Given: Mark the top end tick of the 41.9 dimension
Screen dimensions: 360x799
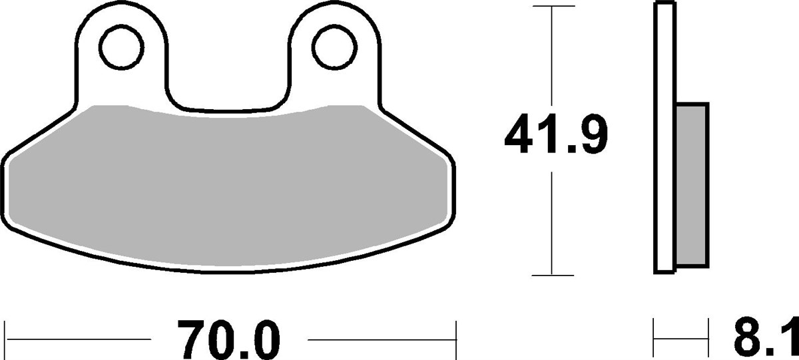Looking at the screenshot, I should coord(552,7).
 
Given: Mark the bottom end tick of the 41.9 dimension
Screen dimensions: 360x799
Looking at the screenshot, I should coord(552,275).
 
